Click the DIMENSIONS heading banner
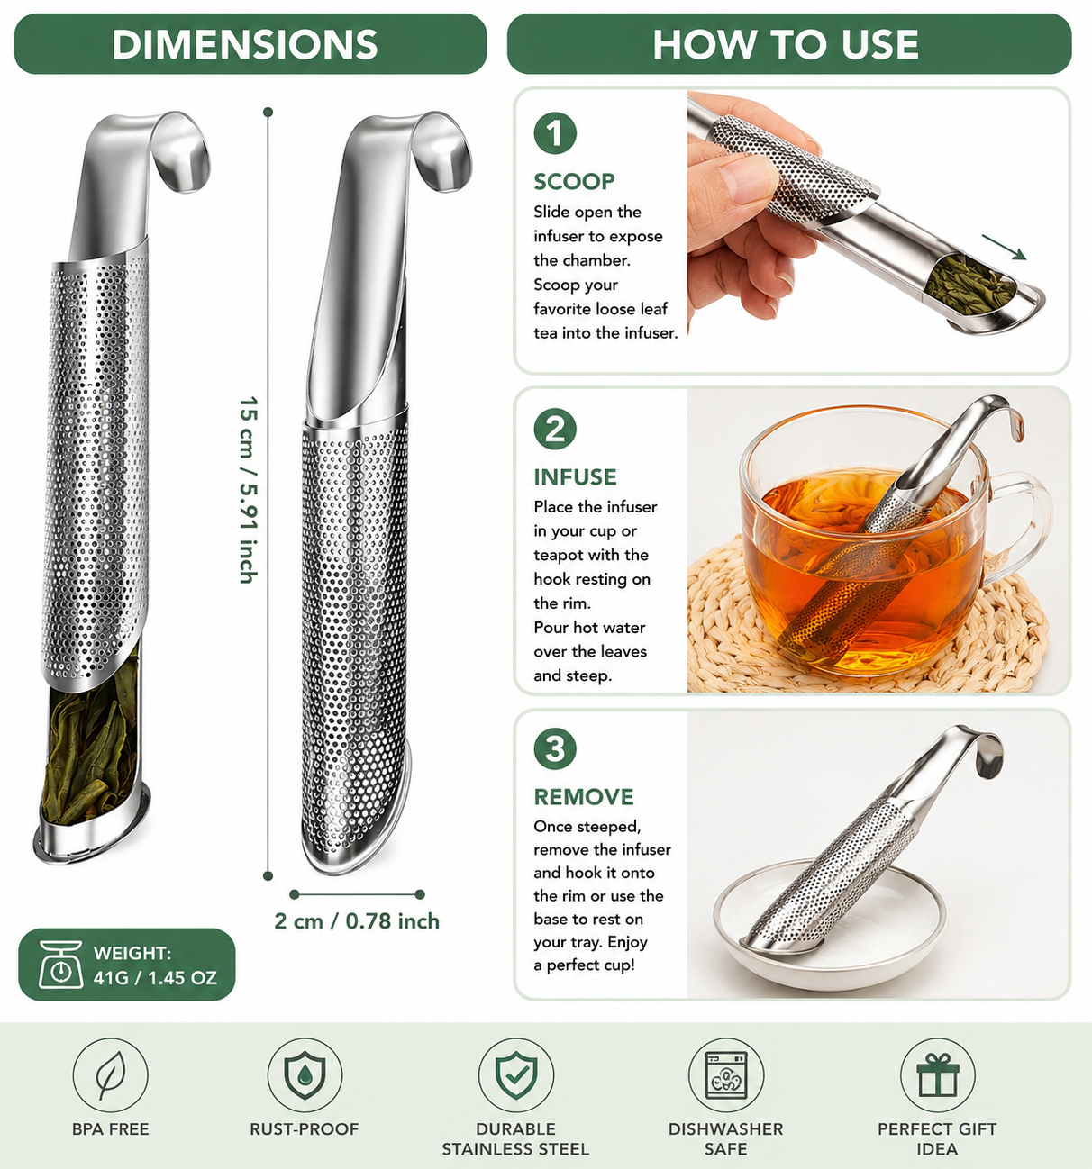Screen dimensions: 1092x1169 (250, 44)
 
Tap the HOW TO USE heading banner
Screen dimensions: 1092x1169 (788, 44)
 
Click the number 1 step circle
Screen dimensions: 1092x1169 (555, 133)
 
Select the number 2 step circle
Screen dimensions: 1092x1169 (555, 429)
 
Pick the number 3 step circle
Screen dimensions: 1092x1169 (555, 748)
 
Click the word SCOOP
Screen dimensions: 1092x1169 (574, 181)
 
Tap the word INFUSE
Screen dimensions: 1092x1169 (576, 476)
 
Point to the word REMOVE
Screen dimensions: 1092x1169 (584, 797)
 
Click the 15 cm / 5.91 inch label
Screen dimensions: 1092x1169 (248, 490)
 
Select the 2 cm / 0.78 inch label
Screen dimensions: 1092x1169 (357, 921)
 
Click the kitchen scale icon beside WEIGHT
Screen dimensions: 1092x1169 (60, 965)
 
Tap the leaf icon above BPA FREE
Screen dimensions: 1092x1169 (110, 1075)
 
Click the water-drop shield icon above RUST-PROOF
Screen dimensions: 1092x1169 (305, 1075)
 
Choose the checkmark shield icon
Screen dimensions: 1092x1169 (516, 1075)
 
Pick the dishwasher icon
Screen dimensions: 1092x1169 (726, 1075)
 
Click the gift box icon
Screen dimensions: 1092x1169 (938, 1075)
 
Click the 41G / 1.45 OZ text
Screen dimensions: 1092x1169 (155, 978)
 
